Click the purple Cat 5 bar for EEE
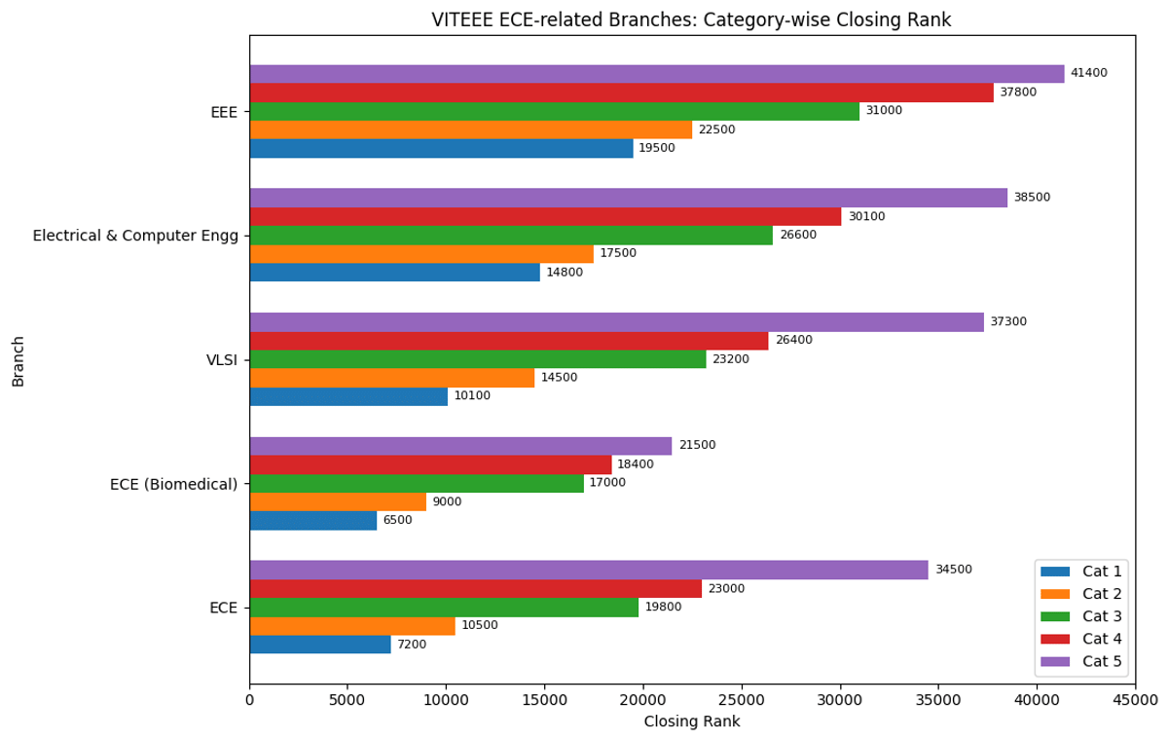click(x=657, y=74)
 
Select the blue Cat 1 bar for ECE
click(x=320, y=645)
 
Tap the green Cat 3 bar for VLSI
click(x=478, y=359)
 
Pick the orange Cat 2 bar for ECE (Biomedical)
click(x=338, y=501)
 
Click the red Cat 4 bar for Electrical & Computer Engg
click(x=545, y=216)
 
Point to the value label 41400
click(x=1088, y=74)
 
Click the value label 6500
click(x=397, y=521)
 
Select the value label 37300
click(x=1008, y=322)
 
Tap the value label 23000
click(x=726, y=589)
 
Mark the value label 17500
click(x=618, y=253)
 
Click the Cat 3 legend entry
click(x=1081, y=616)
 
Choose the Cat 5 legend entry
click(x=1081, y=662)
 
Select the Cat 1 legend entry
click(x=1081, y=572)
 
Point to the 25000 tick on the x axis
click(x=742, y=699)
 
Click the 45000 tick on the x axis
click(x=1135, y=699)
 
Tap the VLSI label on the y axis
click(x=222, y=359)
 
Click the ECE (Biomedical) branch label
click(x=175, y=484)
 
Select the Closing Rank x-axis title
click(x=692, y=721)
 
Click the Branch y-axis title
click(x=18, y=361)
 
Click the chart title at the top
click(x=692, y=20)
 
